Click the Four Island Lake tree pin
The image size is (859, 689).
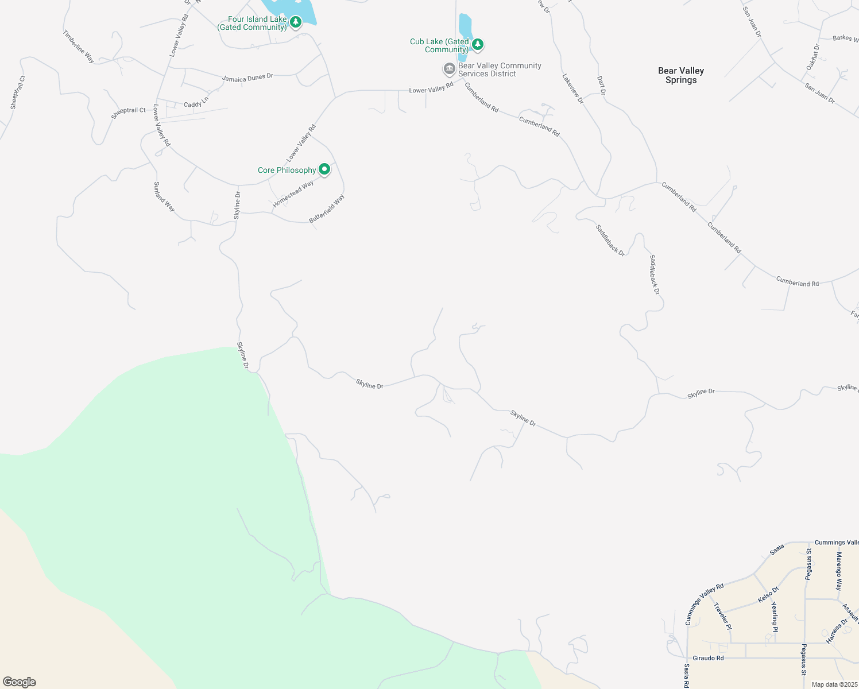pos(296,22)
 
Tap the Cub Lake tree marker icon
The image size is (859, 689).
pos(477,44)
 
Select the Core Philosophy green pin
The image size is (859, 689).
pos(324,169)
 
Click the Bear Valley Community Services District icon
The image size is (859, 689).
pos(449,69)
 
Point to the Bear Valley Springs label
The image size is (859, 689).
pos(681,75)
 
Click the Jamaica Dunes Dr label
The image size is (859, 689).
pos(247,78)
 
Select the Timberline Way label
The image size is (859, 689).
pos(79,47)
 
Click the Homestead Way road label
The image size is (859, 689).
pos(293,193)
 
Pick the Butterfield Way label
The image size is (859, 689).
pos(327,208)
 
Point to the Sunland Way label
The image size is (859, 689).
pos(164,196)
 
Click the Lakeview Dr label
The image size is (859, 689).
pos(572,88)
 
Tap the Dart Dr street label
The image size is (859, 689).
pos(601,86)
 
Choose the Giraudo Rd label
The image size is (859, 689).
pos(708,658)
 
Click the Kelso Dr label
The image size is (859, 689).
pos(768,594)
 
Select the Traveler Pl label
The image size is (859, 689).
pos(722,617)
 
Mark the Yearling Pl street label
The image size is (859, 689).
pos(775,617)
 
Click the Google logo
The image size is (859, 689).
pos(19,682)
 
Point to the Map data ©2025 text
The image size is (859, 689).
pos(834,684)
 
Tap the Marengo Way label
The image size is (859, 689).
pos(839,571)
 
